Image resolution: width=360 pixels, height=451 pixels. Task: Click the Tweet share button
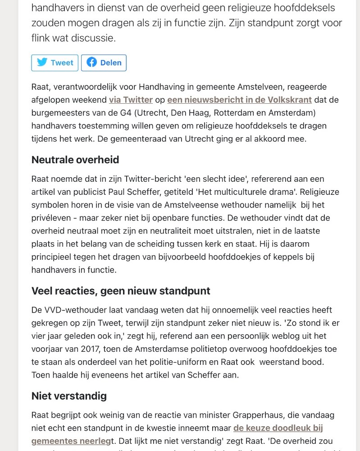click(55, 63)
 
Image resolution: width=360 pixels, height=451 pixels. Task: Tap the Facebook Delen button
click(104, 63)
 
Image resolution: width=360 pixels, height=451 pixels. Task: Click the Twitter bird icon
click(42, 62)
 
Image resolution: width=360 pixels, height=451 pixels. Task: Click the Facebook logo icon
click(92, 62)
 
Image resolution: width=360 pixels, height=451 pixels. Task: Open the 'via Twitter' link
click(131, 100)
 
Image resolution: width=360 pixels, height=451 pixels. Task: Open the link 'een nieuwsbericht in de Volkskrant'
click(239, 100)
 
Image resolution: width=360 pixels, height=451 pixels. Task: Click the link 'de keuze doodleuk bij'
click(278, 428)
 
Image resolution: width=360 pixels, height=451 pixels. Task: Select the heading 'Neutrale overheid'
click(75, 160)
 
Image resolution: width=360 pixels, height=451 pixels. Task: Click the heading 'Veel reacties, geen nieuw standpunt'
click(121, 291)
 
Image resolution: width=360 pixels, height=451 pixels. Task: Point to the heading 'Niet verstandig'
click(69, 396)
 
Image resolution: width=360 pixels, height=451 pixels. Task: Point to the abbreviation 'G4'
click(125, 113)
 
